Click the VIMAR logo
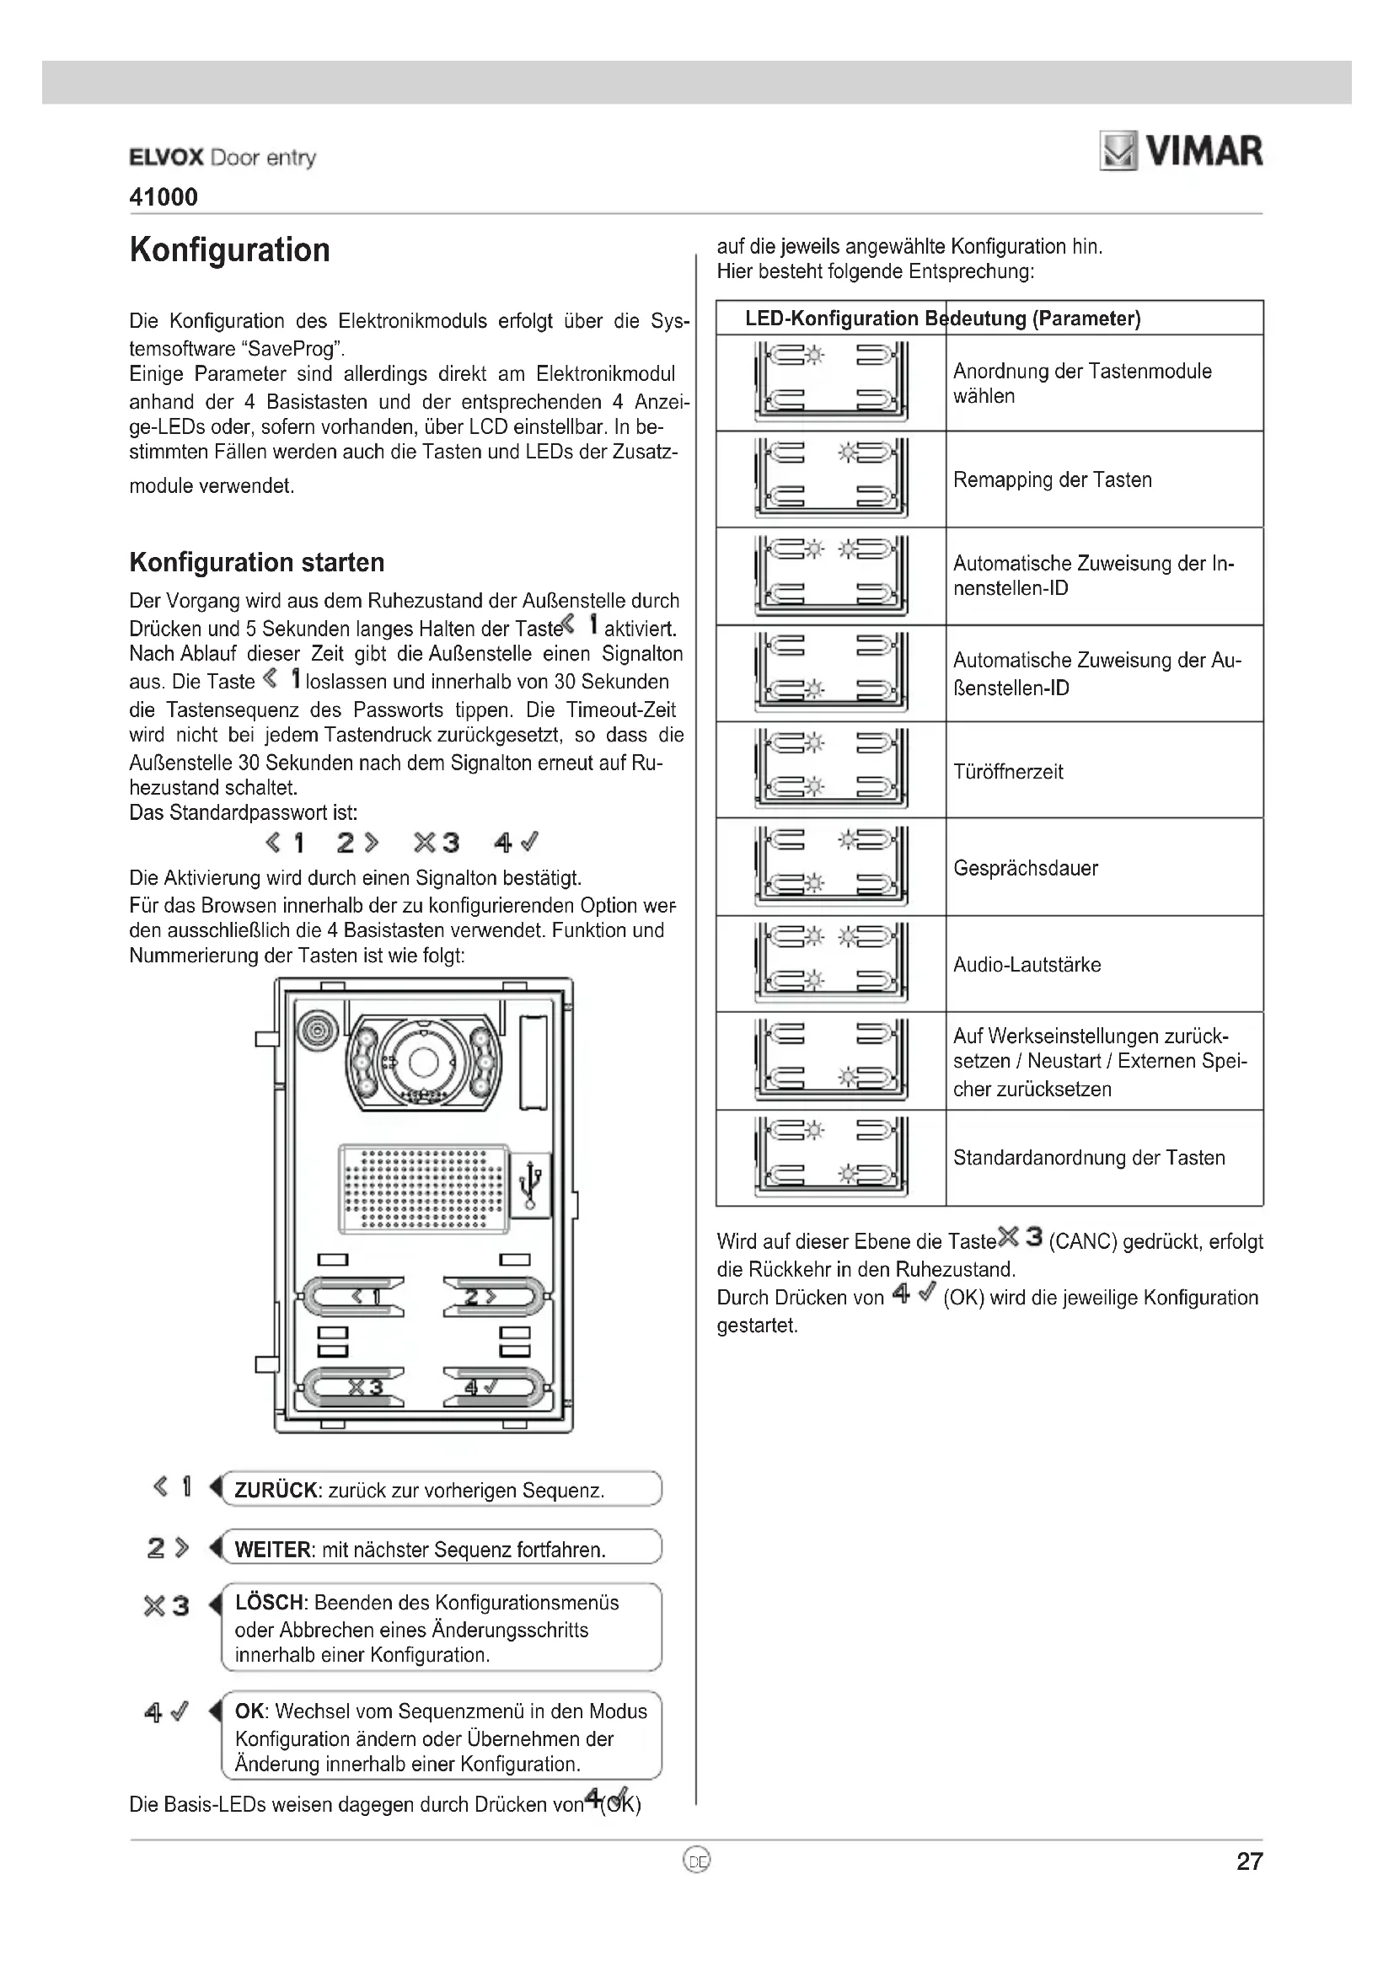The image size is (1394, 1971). click(x=1181, y=152)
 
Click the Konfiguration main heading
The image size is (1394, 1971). click(x=229, y=249)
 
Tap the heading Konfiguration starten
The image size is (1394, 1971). click(x=257, y=562)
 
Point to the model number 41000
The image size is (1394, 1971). click(x=164, y=197)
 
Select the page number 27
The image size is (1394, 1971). click(x=1249, y=1861)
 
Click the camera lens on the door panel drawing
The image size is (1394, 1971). click(x=423, y=1062)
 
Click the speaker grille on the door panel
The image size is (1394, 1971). click(x=422, y=1187)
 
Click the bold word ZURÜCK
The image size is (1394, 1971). click(x=276, y=1491)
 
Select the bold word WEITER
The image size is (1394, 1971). click(x=272, y=1550)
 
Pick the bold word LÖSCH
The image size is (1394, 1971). click(x=269, y=1603)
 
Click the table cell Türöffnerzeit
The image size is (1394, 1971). click(x=1008, y=772)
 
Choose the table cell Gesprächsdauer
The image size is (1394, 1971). click(x=1025, y=868)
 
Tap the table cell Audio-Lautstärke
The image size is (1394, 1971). click(x=1027, y=965)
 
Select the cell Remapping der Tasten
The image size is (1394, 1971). click(x=1052, y=479)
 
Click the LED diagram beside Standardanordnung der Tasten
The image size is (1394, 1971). click(x=830, y=1157)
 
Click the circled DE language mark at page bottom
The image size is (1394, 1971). click(x=697, y=1861)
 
